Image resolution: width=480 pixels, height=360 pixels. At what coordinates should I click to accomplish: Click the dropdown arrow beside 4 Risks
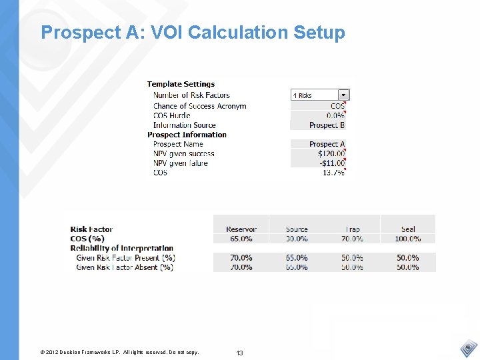[x=343, y=95]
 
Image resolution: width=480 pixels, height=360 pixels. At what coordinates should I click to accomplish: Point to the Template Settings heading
[x=181, y=84]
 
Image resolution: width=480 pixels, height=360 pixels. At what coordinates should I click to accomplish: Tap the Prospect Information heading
[x=187, y=135]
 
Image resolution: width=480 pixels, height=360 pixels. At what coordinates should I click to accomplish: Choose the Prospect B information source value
[x=327, y=125]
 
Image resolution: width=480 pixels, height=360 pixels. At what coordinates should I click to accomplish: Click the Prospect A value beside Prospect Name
[x=327, y=144]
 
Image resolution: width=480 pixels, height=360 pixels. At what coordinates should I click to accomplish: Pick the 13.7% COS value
[x=333, y=173]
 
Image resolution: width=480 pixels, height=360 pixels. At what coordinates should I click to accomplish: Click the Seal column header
[x=408, y=229]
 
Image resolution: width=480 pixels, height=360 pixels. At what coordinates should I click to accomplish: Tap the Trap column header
[x=353, y=229]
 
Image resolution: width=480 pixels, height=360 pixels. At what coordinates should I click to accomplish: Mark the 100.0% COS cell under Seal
[x=407, y=239]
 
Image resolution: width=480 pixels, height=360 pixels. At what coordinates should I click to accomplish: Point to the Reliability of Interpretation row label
[x=121, y=248]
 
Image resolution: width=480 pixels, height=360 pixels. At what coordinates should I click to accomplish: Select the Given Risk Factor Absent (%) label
[x=125, y=267]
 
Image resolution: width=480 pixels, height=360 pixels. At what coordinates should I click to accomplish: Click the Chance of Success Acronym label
[x=199, y=106]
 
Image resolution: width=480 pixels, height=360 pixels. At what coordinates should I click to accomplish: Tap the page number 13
[x=239, y=352]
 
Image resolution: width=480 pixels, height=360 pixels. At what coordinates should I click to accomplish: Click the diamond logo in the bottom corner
[x=469, y=349]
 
